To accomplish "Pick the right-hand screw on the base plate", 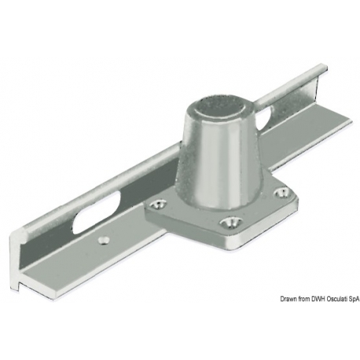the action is click(x=281, y=193).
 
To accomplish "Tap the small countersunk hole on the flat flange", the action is click(x=104, y=241).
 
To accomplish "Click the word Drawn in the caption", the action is click(x=287, y=299).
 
